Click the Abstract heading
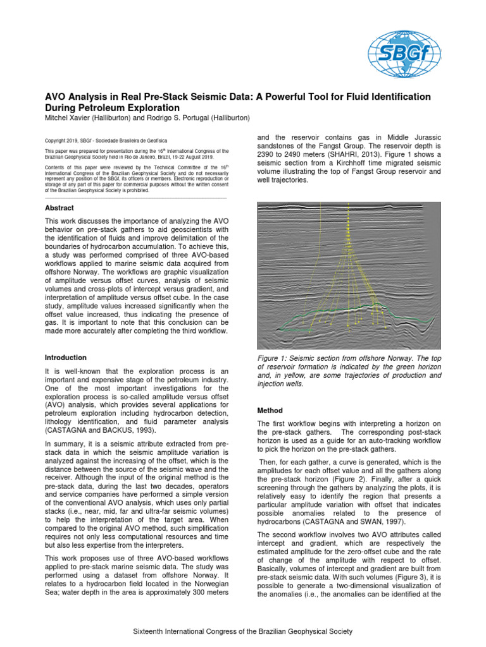click(59, 208)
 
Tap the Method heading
click(270, 410)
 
